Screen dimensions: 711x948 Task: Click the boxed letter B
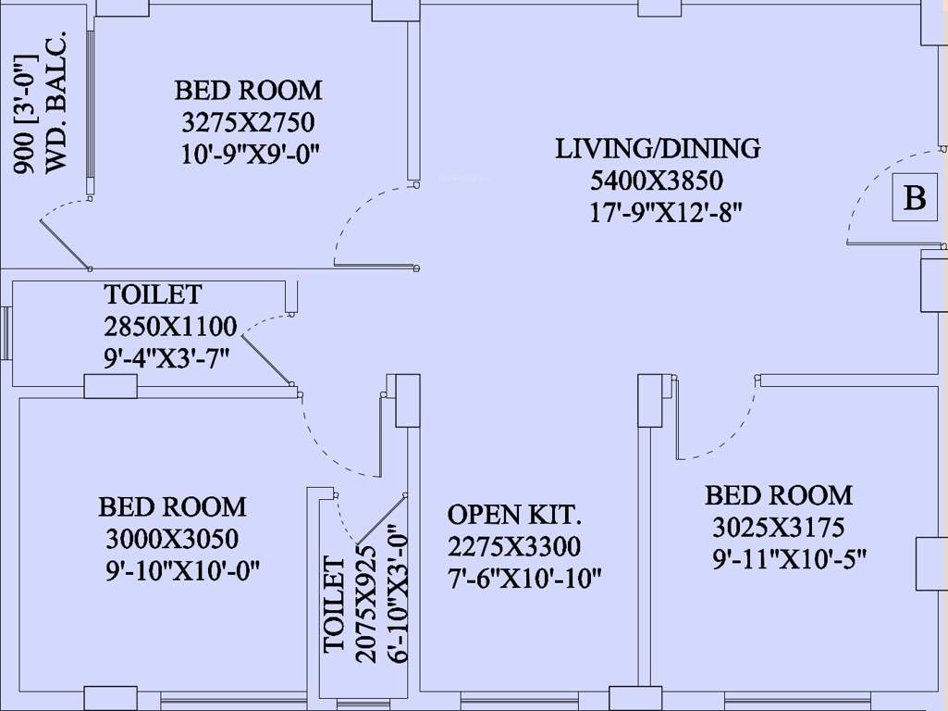point(914,198)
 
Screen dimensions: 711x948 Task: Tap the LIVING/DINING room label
point(658,148)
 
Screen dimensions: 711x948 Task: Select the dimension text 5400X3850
point(657,180)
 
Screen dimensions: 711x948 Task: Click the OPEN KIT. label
point(514,515)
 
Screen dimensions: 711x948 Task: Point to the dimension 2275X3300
point(514,546)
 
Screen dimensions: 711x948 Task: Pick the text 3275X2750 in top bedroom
point(248,122)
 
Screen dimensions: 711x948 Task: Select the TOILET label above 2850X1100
point(153,295)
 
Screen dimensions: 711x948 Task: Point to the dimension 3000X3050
point(172,539)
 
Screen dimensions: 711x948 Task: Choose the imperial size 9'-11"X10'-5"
point(788,559)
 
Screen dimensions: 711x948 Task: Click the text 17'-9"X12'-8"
point(666,212)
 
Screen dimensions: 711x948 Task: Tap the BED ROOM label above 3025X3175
point(779,495)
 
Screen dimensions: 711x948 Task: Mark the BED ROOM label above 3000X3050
point(173,507)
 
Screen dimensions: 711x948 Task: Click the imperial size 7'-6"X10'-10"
point(524,579)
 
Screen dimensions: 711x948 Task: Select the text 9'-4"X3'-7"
point(166,356)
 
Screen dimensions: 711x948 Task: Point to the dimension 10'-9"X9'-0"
point(250,154)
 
